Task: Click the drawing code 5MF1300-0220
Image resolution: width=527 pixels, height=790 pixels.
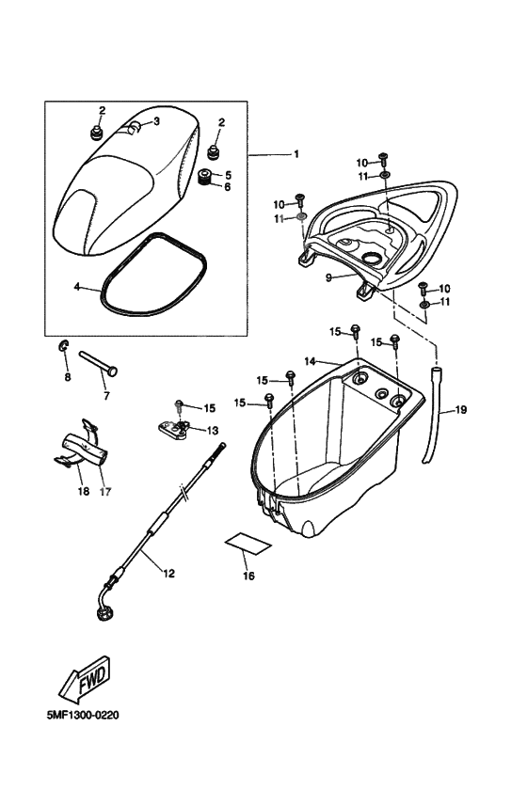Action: [83, 716]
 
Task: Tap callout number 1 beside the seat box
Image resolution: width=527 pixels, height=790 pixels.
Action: [296, 154]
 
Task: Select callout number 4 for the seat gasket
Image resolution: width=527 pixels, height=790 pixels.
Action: [77, 287]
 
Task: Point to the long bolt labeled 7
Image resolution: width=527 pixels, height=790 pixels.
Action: [98, 364]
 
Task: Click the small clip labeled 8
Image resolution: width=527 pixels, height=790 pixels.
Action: [64, 346]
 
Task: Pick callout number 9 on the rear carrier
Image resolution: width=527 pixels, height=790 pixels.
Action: [328, 277]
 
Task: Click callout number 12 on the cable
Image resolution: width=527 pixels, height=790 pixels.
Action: [168, 574]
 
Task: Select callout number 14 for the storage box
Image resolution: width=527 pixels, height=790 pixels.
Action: [311, 361]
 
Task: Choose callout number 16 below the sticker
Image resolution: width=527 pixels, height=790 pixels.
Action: [249, 576]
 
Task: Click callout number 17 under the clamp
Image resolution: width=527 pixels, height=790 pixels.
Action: [106, 491]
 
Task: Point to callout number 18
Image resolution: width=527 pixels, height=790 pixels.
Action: [83, 491]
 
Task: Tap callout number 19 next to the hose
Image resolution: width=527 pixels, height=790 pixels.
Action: [461, 410]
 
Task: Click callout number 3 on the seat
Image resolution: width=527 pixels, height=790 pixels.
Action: [156, 121]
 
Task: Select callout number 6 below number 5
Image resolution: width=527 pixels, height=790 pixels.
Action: [228, 187]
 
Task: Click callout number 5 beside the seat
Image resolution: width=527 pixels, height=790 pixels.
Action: [228, 175]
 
